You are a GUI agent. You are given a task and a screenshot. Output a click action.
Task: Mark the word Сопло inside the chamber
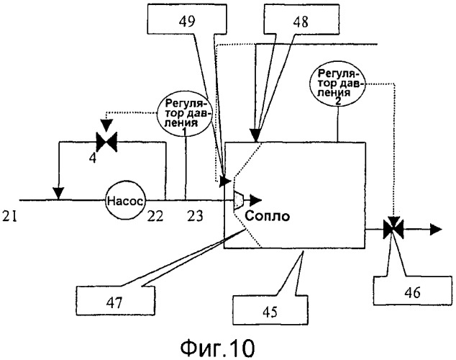(266, 215)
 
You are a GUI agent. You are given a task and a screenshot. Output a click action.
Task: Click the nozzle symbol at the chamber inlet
(240, 201)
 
